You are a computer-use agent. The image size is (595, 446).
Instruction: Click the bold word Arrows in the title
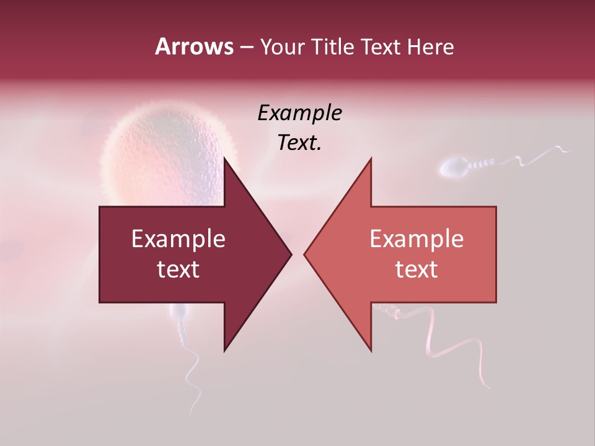[194, 46]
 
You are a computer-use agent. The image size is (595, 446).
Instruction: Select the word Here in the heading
[430, 47]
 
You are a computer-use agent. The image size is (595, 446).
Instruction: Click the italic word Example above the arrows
[299, 113]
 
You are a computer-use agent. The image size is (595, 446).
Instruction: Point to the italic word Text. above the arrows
[299, 143]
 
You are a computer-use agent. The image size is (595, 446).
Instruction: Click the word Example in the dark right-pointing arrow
[178, 239]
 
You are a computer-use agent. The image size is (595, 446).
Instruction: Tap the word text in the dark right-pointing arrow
[178, 269]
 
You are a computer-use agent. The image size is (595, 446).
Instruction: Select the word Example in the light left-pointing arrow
[416, 239]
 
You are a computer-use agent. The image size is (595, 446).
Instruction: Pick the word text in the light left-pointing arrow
[416, 269]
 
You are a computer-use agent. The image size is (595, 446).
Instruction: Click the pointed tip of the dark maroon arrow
[291, 254]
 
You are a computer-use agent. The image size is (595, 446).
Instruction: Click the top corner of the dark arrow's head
[224, 158]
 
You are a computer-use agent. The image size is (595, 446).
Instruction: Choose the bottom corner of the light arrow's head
[371, 351]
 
